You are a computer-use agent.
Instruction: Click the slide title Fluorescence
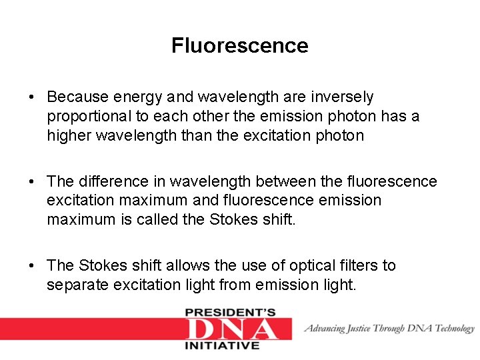click(239, 45)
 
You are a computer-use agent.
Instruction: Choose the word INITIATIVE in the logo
click(221, 345)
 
